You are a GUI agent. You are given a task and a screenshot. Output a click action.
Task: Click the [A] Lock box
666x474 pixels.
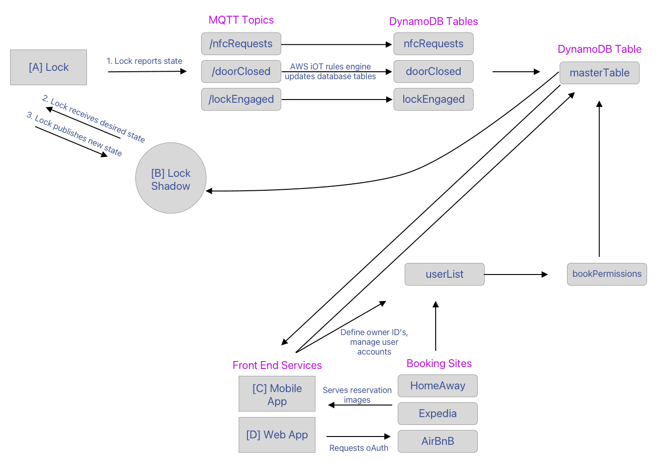[x=49, y=68]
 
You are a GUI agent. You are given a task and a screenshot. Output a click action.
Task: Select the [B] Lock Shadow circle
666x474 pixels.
[x=171, y=178]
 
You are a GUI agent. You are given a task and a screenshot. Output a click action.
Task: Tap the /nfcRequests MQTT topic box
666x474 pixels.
[x=241, y=44]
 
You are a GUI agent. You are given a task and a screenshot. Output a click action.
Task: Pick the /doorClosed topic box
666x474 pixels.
[x=241, y=72]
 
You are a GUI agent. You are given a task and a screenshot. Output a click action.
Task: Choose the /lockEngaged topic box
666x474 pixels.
[x=241, y=100]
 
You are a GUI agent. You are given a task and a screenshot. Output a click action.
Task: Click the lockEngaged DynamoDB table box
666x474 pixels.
[x=433, y=100]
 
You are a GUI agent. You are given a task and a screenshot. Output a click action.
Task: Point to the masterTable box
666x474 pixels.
[x=599, y=73]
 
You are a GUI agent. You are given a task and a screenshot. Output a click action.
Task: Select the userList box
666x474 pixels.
[x=444, y=274]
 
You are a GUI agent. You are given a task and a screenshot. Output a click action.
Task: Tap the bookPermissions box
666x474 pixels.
[x=607, y=274]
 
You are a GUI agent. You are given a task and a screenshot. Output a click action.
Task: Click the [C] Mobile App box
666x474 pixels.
[x=277, y=394]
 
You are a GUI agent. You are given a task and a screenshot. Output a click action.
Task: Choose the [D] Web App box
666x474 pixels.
[x=277, y=435]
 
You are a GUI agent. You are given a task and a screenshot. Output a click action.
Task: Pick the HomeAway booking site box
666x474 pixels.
[x=438, y=386]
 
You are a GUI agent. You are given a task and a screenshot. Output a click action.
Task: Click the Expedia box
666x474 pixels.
[x=438, y=414]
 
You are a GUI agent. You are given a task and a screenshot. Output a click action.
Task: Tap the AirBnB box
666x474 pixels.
[x=438, y=442]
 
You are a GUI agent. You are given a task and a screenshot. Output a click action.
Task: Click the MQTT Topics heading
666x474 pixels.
[x=241, y=20]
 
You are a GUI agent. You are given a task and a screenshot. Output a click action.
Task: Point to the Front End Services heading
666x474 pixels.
[x=277, y=366]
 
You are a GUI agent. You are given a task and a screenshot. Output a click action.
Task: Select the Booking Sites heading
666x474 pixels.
[x=439, y=364]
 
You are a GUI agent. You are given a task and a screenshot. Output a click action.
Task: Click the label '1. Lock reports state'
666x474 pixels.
[x=144, y=61]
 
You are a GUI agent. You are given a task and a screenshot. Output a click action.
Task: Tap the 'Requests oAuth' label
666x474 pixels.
[x=358, y=448]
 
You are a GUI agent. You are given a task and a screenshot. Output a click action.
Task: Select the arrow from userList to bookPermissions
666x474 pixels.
[x=516, y=274]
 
